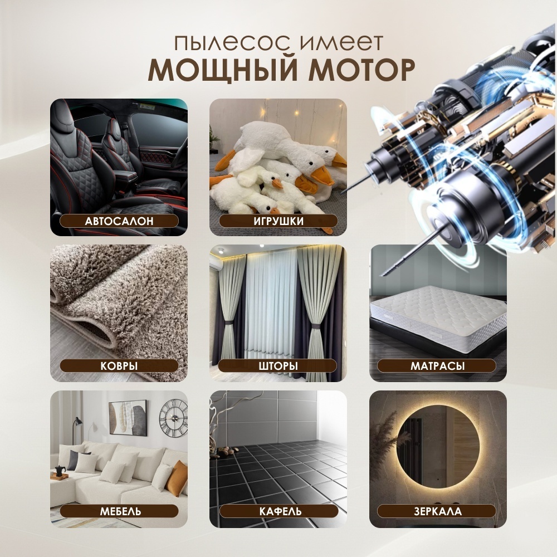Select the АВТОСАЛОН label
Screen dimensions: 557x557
pos(119,221)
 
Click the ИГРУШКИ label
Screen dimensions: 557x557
pos(278,221)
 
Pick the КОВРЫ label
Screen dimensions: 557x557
pos(119,366)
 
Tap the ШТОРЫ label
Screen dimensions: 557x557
pos(278,366)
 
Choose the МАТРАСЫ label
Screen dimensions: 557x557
pos(437,366)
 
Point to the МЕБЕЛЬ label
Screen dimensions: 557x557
pos(120,511)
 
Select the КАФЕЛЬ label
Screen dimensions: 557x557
pos(280,511)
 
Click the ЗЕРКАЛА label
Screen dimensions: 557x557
pos(437,511)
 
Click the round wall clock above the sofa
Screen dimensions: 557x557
pos(173,418)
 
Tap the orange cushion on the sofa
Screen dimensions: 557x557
pos(177,478)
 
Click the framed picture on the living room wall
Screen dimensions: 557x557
pos(128,418)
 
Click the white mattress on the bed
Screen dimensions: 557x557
pos(438,317)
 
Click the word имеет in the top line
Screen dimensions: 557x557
pos(341,43)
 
